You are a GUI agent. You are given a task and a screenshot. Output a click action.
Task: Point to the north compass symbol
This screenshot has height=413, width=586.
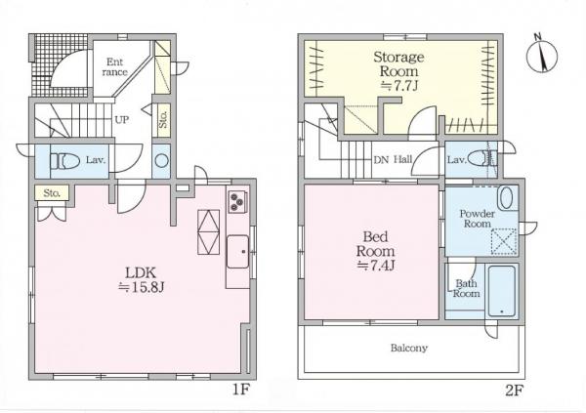541,55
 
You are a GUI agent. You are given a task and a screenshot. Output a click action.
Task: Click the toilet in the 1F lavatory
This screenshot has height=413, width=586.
65,161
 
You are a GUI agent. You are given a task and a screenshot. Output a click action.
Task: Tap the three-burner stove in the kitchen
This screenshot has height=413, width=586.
237,202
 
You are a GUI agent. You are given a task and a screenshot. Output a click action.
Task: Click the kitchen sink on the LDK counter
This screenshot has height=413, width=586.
238,252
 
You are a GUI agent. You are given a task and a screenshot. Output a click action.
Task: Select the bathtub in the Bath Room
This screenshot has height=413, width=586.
502,291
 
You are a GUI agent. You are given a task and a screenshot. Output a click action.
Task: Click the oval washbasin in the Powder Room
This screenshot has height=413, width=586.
506,198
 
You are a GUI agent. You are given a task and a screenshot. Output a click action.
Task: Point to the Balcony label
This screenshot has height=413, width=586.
409,348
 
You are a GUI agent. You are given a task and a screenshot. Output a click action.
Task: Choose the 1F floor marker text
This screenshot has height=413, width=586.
241,390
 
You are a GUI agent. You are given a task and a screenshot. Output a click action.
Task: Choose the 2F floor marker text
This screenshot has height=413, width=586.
515,391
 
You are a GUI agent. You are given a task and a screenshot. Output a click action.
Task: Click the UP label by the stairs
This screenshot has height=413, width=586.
122,119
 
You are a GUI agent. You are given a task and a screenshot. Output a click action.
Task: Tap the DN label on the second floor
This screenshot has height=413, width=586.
381,159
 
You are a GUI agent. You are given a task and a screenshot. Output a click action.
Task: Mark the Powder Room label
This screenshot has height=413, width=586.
478,219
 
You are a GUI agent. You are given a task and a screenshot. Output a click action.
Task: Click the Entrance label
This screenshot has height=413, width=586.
114,66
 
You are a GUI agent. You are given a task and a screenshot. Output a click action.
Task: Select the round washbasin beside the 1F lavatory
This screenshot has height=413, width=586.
162,161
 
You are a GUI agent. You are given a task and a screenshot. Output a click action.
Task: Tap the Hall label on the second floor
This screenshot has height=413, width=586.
402,159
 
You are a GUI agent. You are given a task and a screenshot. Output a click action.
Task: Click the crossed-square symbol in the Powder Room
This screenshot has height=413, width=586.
504,242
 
